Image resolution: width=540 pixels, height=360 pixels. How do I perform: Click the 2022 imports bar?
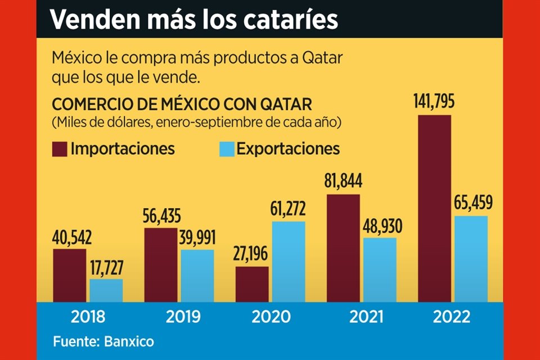coord(434,208)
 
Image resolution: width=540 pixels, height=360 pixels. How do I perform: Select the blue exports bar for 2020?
coord(289,262)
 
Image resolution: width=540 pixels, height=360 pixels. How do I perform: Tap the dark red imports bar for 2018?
coord(69,275)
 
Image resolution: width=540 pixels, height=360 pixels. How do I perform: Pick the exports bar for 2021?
coord(380,269)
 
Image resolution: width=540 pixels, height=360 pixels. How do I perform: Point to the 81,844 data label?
coord(343,182)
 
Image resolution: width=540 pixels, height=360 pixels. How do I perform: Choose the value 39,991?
coord(198,237)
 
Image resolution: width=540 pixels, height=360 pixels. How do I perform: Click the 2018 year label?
coord(88,317)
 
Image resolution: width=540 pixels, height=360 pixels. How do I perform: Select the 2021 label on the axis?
coord(366,317)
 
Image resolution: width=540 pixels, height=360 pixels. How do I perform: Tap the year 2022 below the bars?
coord(452,317)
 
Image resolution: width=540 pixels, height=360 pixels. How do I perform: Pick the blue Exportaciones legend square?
coord(226,149)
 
